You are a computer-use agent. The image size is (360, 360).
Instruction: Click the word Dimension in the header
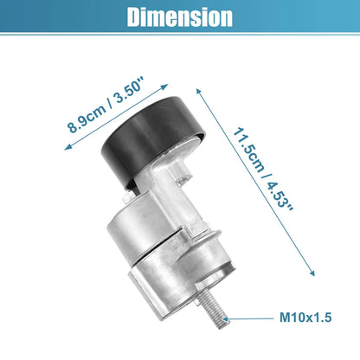click(x=180, y=17)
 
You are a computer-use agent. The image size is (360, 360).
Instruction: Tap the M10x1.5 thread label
click(x=305, y=318)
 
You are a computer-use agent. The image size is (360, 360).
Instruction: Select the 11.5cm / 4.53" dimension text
click(x=262, y=170)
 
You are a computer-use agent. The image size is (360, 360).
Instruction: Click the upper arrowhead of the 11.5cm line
click(x=198, y=91)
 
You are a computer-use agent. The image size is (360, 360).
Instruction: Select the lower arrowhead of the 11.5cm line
click(x=312, y=273)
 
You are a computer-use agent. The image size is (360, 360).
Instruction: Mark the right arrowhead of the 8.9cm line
click(x=165, y=86)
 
